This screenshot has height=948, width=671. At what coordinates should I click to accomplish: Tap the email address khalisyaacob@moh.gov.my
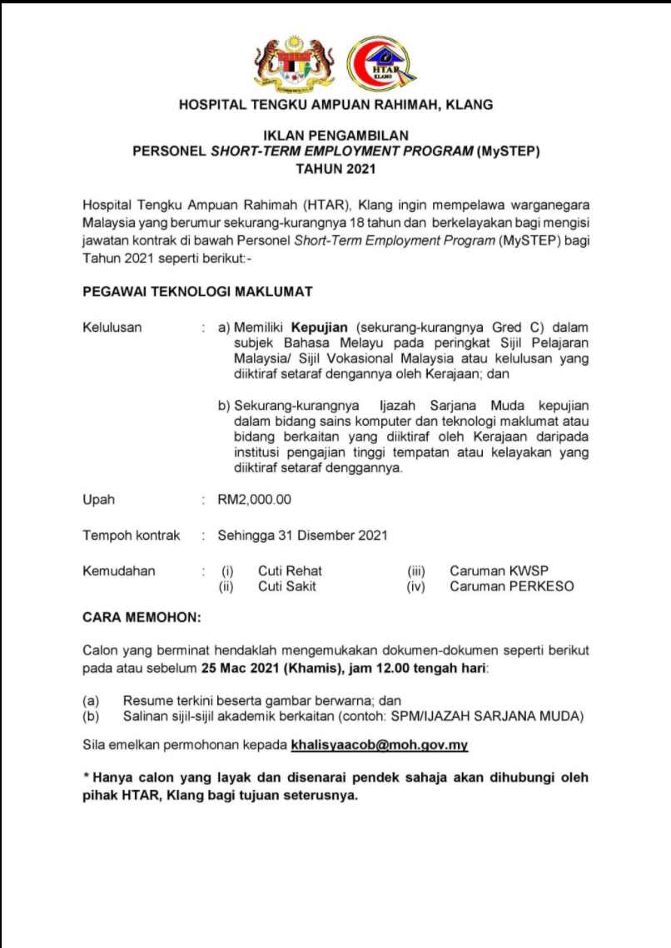coord(379,745)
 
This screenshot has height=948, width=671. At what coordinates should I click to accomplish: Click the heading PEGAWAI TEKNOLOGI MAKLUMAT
coord(197,292)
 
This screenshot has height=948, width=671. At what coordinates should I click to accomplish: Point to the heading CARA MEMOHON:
coord(142,618)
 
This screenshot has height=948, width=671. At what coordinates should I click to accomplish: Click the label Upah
coord(98,500)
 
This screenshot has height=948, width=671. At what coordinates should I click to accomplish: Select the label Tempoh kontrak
coord(131,536)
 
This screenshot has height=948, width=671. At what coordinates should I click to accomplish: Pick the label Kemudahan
coord(118,571)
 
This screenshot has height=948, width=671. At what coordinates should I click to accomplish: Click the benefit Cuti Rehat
coord(290,571)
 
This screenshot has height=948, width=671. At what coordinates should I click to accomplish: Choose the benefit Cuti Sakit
coord(286,586)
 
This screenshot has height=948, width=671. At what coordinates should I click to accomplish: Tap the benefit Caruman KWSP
coord(499,571)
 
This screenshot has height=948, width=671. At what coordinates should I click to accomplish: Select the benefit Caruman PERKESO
coord(511,586)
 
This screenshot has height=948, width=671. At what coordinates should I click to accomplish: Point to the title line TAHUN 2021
coord(335,169)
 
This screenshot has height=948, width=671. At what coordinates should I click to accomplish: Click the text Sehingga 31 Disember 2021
coord(302,536)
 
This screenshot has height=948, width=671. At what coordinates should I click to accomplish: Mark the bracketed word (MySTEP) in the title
coord(509,151)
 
